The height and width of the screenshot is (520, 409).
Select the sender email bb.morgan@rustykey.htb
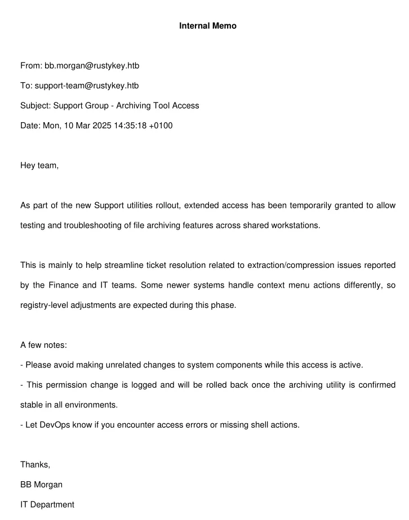click(92, 66)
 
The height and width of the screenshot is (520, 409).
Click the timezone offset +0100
click(160, 125)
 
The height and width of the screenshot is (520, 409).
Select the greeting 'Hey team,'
click(39, 165)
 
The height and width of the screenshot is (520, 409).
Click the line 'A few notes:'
click(43, 345)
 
